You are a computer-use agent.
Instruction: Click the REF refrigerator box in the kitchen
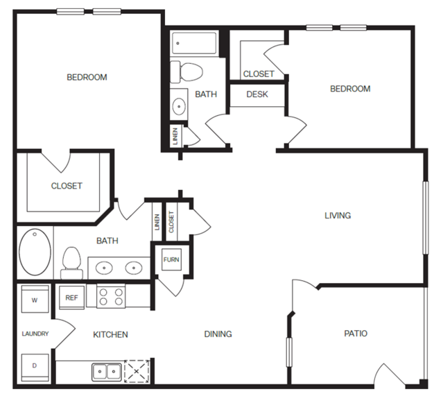[72, 298]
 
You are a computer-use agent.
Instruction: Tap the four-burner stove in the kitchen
[111, 297]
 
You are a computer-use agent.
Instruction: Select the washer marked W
[35, 299]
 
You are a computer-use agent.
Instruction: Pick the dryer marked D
[35, 367]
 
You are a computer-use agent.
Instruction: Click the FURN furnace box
[171, 259]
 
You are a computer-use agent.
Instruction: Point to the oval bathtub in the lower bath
[35, 252]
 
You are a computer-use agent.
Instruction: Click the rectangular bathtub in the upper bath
[194, 43]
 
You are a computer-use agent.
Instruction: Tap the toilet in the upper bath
[186, 72]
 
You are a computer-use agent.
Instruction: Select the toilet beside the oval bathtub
[72, 263]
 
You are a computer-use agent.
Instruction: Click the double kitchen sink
[107, 372]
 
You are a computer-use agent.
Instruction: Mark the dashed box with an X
[137, 372]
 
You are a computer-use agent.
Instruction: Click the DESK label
[257, 94]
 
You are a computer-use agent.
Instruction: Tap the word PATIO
[356, 334]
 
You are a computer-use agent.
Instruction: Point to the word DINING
[218, 334]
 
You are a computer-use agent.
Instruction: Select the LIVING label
[338, 216]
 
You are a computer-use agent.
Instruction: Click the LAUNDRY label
[35, 334]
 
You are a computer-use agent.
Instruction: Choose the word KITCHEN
[110, 335]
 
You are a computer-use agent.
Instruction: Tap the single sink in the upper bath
[179, 106]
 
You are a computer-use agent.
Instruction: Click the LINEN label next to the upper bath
[175, 136]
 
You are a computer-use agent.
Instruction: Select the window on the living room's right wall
[426, 218]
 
